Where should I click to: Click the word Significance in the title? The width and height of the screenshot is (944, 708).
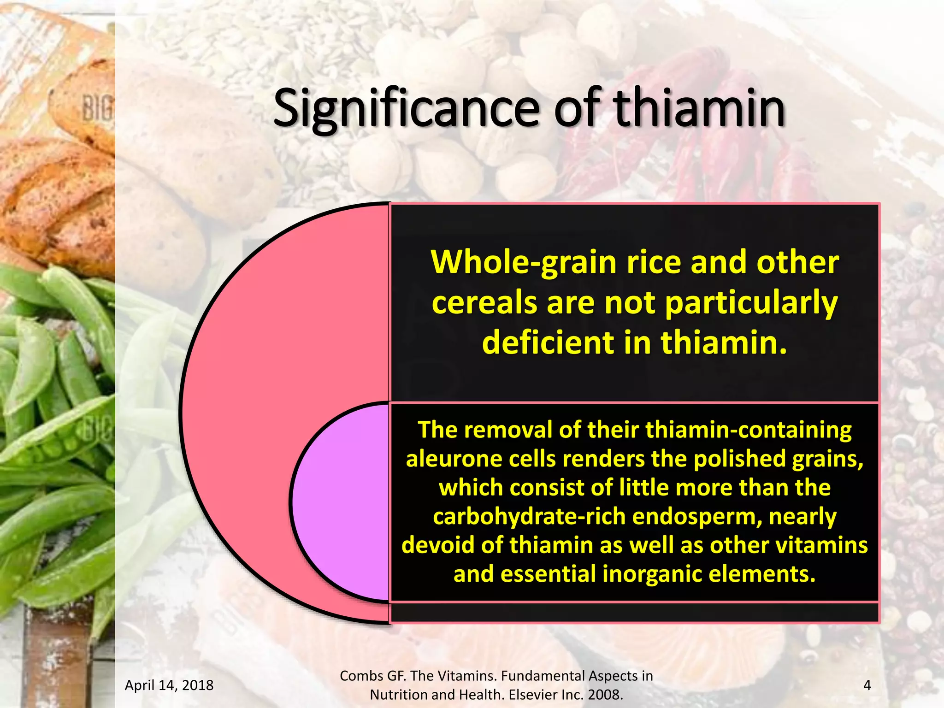[x=406, y=110]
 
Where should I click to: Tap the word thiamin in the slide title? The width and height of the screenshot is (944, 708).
[x=700, y=109]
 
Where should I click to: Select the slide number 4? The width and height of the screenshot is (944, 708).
[x=867, y=685]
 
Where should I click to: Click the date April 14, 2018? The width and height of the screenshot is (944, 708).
[x=169, y=685]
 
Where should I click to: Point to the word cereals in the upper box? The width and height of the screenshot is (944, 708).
[x=484, y=303]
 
